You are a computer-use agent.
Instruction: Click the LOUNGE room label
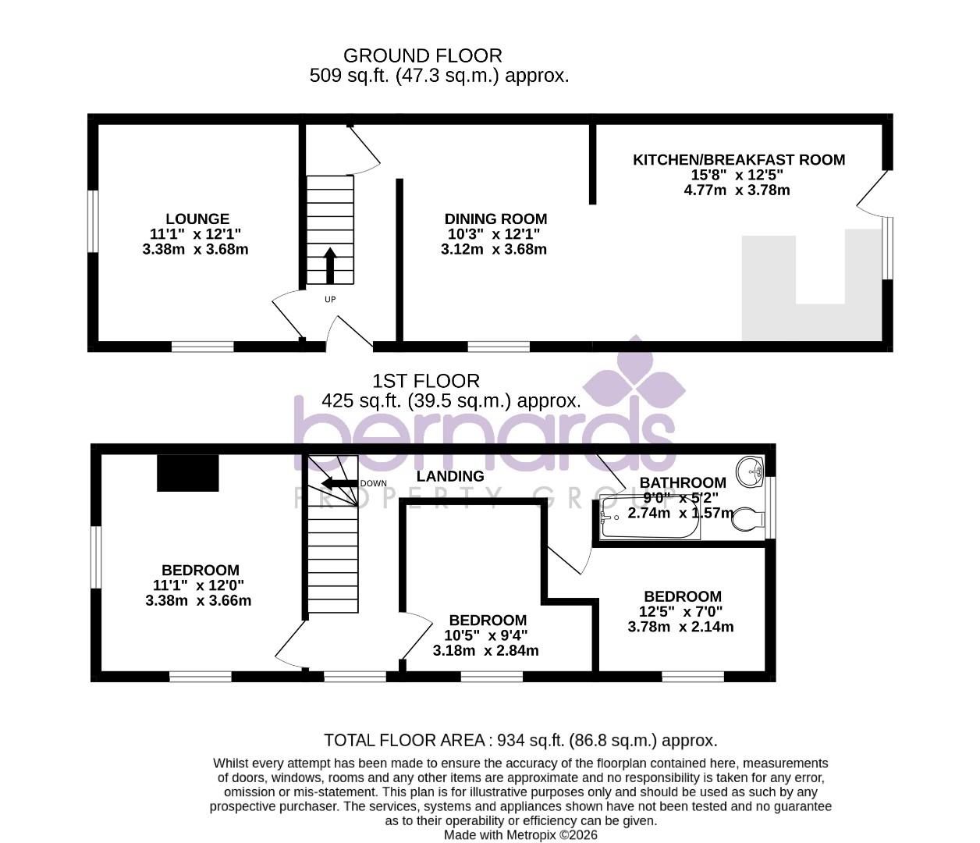[197, 219]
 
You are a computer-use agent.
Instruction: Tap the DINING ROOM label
[495, 219]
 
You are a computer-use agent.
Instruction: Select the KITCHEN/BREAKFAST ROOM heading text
[738, 160]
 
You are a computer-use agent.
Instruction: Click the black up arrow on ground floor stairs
[329, 265]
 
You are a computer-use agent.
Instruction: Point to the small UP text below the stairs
[330, 299]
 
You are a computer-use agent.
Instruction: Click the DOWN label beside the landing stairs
[373, 483]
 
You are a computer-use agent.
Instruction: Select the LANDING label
[449, 476]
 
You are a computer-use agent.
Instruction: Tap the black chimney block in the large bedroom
[188, 474]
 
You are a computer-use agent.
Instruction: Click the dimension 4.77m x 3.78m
[737, 190]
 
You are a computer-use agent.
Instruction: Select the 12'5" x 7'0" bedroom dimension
[680, 612]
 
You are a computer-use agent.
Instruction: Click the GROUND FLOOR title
[422, 56]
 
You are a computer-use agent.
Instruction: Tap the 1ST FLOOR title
[425, 381]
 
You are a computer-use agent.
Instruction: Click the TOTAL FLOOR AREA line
[520, 740]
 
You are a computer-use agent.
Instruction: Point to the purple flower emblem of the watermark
[634, 382]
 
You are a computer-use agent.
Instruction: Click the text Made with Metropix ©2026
[520, 834]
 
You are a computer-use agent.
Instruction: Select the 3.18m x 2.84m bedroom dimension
[485, 650]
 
